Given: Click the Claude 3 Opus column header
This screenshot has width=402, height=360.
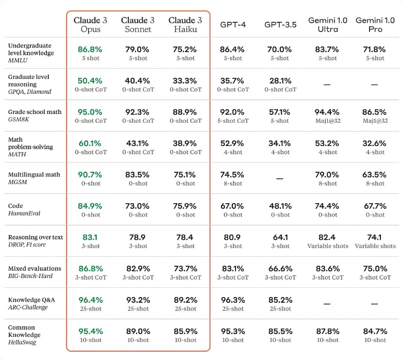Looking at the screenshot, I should click(x=90, y=25).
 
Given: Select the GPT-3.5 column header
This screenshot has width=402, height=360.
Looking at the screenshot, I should click(x=280, y=25).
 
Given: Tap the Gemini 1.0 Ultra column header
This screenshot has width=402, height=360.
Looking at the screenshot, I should click(x=328, y=25).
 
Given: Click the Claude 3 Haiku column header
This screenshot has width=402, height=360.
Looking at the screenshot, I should click(x=185, y=25).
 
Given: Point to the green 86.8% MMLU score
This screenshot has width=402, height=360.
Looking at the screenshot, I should click(x=90, y=50).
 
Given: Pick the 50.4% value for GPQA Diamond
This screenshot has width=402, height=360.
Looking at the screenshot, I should click(x=90, y=81).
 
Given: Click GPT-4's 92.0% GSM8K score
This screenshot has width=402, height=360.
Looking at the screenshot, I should click(x=232, y=112).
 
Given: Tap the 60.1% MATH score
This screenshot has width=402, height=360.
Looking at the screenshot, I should click(x=90, y=143).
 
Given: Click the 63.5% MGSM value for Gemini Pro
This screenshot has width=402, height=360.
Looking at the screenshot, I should click(x=375, y=175).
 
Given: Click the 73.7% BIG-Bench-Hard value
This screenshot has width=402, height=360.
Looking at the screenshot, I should click(x=185, y=269).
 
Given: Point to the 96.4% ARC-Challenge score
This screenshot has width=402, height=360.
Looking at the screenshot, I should click(x=90, y=300).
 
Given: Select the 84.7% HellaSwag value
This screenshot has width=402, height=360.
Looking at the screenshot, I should click(x=375, y=331).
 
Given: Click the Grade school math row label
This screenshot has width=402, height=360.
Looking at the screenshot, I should click(x=35, y=112).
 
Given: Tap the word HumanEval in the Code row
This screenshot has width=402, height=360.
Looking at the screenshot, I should click(x=24, y=214).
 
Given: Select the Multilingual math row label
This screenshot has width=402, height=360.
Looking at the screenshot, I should click(x=34, y=174).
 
